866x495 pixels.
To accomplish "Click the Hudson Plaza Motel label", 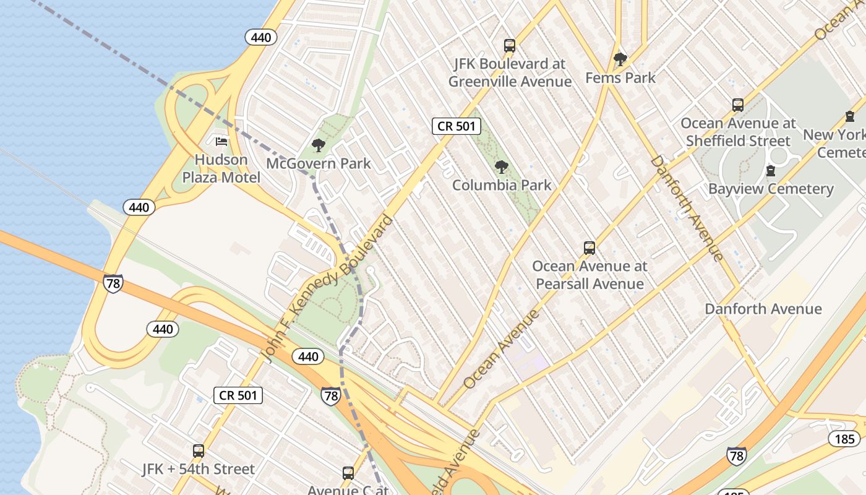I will click(x=221, y=168).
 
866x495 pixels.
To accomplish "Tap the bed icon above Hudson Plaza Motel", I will click(x=221, y=142).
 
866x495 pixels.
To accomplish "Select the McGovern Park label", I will click(x=319, y=163).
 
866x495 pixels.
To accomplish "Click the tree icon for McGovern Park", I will click(x=319, y=145).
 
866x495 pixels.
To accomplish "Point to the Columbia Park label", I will click(x=502, y=184).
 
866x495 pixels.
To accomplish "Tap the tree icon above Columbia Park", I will click(x=502, y=166).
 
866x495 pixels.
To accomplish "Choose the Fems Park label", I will click(x=620, y=77).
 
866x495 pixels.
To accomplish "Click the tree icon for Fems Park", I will click(x=620, y=59).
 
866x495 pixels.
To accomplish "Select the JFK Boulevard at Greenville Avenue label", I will click(x=510, y=72).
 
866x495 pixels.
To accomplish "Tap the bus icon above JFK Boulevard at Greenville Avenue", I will click(x=510, y=45).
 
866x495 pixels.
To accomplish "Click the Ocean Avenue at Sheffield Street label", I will click(x=738, y=132).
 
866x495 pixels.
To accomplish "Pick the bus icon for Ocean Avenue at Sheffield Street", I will click(x=738, y=105).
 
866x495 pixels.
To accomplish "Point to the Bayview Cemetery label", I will click(x=771, y=189).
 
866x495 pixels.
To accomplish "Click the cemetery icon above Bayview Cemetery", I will click(x=771, y=170).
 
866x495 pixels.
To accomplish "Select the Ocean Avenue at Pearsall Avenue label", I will click(x=589, y=275).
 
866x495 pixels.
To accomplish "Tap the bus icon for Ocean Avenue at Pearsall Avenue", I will click(x=589, y=248).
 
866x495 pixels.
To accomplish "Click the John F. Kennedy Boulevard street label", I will click(x=328, y=288).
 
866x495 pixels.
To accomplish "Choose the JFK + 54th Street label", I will click(x=199, y=469).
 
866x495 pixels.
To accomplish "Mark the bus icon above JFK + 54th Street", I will click(x=199, y=451).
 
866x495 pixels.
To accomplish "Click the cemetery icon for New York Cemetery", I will click(x=850, y=116).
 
